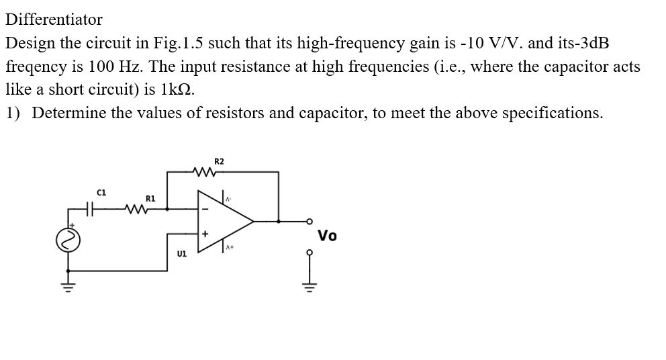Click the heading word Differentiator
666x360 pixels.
(x=54, y=19)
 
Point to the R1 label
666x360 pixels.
(x=150, y=198)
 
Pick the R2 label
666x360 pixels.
(x=219, y=161)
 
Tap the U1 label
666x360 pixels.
(x=181, y=255)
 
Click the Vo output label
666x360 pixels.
(x=328, y=236)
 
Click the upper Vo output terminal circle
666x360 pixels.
(x=309, y=220)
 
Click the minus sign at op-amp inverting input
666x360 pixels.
(x=205, y=209)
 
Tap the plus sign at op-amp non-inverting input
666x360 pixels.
(x=205, y=234)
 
